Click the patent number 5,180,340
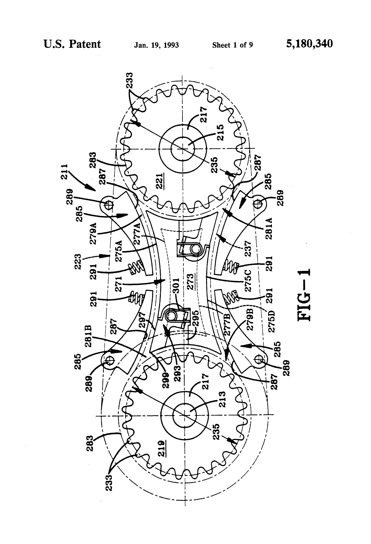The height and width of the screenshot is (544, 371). [x=309, y=44]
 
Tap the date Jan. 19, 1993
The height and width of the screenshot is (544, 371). [x=156, y=45]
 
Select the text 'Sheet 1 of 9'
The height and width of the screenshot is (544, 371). [x=233, y=45]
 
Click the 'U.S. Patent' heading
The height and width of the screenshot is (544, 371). [x=72, y=44]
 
